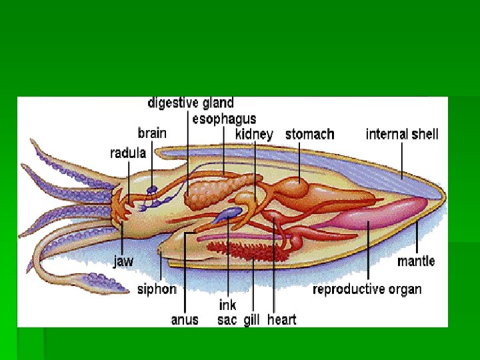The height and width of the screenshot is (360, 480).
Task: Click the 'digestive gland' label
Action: [190, 103]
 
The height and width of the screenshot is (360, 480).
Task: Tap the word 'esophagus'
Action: [224, 119]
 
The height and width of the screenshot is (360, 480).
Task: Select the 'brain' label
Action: [152, 133]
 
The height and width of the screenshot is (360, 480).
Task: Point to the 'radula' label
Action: [128, 153]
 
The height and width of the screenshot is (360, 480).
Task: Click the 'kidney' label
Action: [254, 134]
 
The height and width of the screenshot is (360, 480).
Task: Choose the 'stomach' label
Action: [309, 134]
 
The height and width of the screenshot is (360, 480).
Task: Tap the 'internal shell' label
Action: [402, 134]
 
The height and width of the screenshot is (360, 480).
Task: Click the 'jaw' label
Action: [123, 261]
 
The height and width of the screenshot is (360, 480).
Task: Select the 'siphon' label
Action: [157, 289]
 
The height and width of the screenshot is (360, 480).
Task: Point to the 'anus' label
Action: [185, 319]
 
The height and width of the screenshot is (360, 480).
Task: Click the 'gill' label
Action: [251, 319]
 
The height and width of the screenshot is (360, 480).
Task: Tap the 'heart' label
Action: [281, 319]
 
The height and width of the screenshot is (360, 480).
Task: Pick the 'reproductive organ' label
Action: [367, 289]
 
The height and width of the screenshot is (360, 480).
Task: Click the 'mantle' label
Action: [416, 261]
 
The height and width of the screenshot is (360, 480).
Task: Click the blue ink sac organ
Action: [231, 213]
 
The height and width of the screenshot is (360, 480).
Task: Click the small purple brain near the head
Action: [153, 190]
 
